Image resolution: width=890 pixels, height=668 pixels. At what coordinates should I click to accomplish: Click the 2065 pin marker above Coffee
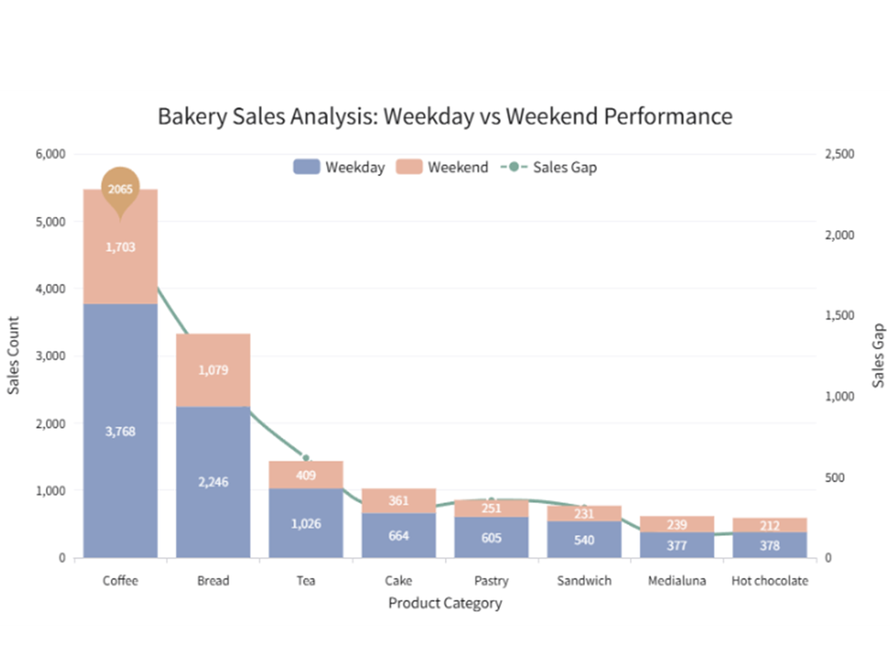(x=120, y=189)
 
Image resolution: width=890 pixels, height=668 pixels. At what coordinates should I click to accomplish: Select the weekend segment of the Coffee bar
(x=120, y=247)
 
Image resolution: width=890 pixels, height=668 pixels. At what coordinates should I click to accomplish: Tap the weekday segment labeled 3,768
(x=120, y=431)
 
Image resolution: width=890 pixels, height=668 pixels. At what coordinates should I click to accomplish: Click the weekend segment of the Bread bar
(x=213, y=370)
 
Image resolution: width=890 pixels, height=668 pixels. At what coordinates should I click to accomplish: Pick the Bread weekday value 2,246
(x=213, y=482)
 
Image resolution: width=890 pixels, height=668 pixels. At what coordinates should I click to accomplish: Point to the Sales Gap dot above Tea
(x=306, y=458)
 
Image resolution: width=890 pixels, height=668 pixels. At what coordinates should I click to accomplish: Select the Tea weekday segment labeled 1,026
(x=306, y=524)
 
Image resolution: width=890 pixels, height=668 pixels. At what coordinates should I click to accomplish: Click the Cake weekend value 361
(x=399, y=500)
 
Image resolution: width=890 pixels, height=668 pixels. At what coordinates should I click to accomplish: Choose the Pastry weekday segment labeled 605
(x=491, y=538)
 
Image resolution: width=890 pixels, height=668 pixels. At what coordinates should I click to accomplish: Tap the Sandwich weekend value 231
(x=584, y=514)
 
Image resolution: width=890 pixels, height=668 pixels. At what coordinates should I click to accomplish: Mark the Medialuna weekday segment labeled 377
(x=677, y=546)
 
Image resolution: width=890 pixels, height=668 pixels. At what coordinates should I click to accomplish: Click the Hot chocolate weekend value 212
(x=770, y=525)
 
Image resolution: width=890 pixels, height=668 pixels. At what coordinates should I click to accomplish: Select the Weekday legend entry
(x=339, y=167)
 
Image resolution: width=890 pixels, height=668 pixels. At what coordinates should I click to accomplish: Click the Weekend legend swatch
(x=409, y=167)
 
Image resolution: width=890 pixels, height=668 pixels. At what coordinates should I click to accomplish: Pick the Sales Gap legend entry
(x=549, y=167)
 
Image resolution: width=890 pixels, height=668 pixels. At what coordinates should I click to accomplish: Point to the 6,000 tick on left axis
(x=50, y=154)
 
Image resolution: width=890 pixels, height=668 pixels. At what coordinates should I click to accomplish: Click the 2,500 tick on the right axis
(x=839, y=154)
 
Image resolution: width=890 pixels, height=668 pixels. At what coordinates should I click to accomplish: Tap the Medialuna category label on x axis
(x=677, y=581)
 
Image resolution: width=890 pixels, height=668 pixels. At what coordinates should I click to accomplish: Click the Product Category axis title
(x=445, y=603)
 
